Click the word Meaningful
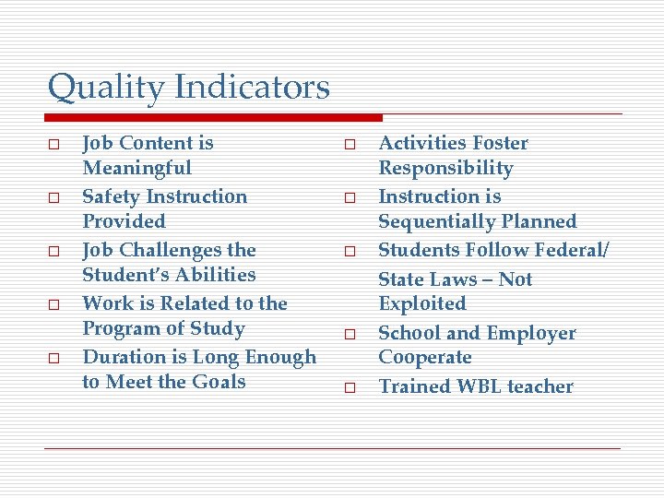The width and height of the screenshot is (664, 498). coord(136,169)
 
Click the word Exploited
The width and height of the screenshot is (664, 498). coord(422,304)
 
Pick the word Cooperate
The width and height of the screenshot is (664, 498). coord(425,358)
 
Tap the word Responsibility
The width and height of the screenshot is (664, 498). coord(445,169)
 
